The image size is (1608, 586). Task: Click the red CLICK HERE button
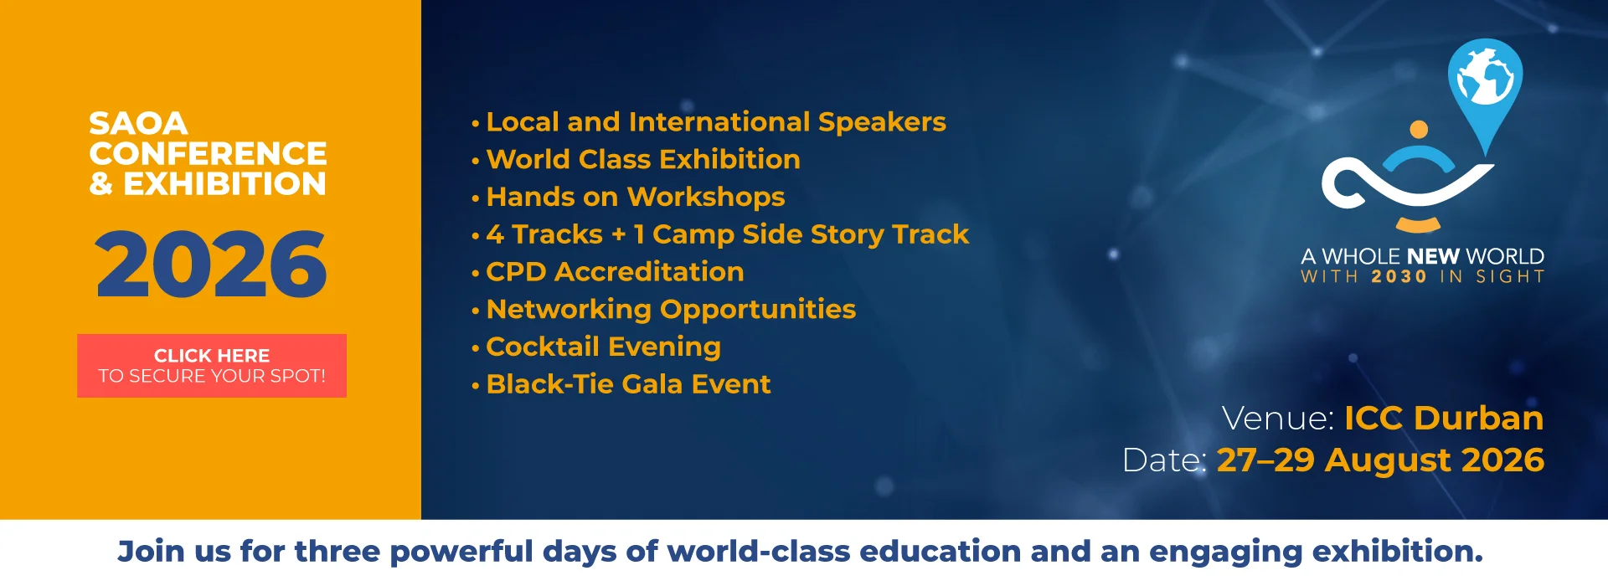click(212, 366)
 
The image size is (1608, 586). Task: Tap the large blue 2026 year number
click(211, 265)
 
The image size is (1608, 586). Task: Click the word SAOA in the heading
click(138, 123)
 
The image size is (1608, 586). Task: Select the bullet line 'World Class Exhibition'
click(643, 159)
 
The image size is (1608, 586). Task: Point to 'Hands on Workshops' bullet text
click(636, 197)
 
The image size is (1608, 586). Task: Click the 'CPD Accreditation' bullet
click(615, 271)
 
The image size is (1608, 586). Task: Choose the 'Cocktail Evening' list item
click(603, 347)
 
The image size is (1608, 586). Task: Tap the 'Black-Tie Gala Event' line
click(628, 384)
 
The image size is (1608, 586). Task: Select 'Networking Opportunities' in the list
click(671, 309)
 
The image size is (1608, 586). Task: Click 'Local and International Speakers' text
click(716, 122)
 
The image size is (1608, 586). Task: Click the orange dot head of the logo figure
click(1419, 130)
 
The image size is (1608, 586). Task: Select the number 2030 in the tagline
click(1399, 277)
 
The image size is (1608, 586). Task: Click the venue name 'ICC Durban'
click(1444, 418)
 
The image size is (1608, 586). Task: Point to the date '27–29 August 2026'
click(1380, 460)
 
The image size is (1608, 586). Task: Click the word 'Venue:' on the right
click(1278, 418)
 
